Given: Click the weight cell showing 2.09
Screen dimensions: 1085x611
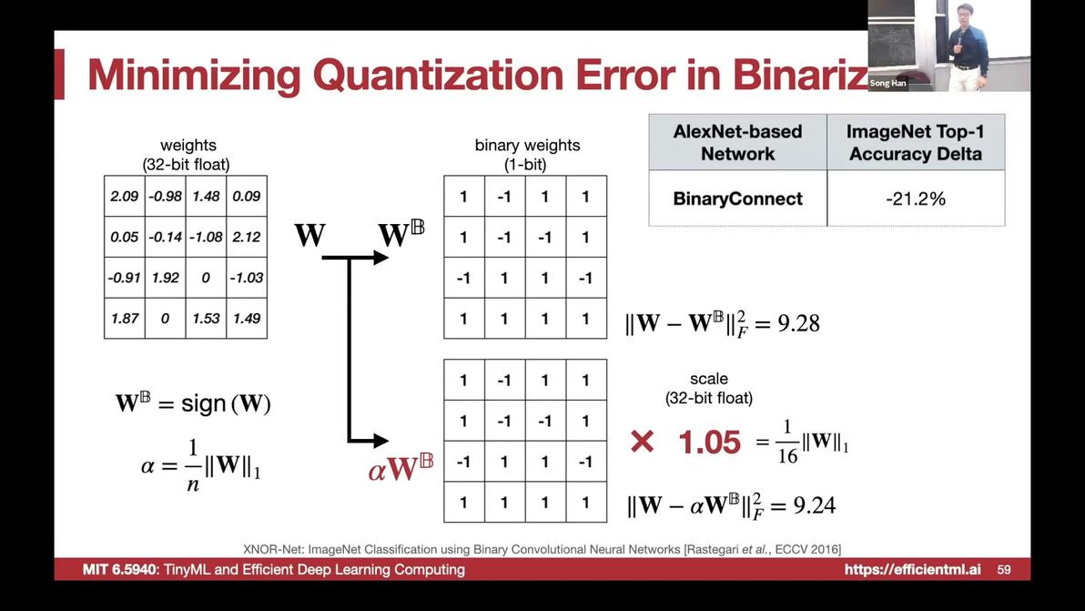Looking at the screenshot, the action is click(125, 196).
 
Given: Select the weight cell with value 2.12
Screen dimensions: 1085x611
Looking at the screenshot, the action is click(247, 237).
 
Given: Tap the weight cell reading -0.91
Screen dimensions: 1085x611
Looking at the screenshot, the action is click(125, 278).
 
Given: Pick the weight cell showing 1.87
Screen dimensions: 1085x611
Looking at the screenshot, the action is click(125, 319).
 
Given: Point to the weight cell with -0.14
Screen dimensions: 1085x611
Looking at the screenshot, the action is click(166, 237).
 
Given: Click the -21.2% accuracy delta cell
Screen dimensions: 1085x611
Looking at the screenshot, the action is click(916, 199).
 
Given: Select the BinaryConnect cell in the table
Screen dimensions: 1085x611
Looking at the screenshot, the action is click(737, 199).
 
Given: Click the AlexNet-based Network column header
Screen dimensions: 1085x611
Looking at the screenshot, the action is click(737, 143).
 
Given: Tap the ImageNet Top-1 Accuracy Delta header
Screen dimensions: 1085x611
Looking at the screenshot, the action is click(916, 143).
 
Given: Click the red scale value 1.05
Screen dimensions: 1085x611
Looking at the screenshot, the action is click(709, 443).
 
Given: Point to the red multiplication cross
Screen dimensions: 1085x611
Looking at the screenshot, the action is click(642, 442).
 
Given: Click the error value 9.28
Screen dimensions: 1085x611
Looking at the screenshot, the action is click(798, 323).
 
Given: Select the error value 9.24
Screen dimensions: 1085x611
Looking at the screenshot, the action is click(815, 505).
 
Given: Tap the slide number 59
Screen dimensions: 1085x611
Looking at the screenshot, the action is click(1004, 569).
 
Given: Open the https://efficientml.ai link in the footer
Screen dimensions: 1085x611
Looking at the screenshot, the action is click(912, 569).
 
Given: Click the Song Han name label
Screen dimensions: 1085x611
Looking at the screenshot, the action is click(887, 83).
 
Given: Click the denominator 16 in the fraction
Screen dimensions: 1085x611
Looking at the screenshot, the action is click(787, 456).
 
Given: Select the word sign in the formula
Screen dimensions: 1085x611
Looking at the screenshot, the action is click(204, 403).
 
